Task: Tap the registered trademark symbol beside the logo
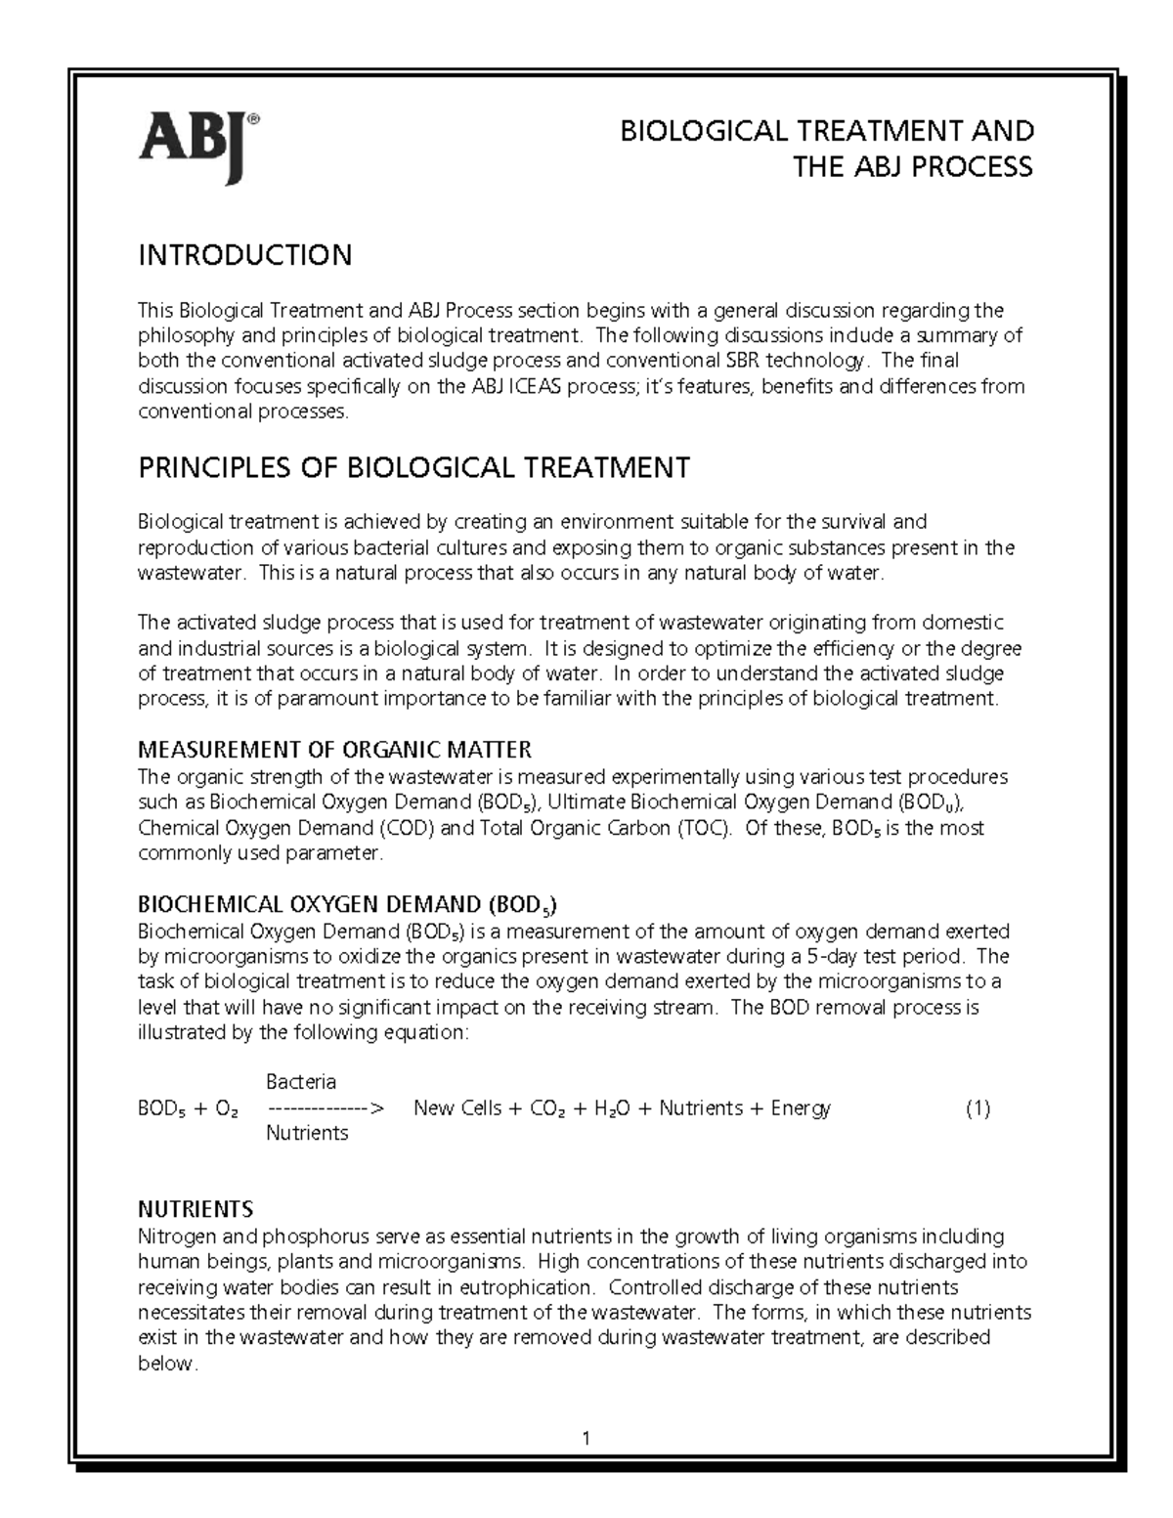[x=253, y=119]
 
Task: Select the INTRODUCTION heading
[x=244, y=256]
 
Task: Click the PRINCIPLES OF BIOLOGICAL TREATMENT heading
[x=413, y=468]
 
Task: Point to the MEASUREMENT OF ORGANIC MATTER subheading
[x=334, y=750]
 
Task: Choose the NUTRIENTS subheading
[x=195, y=1209]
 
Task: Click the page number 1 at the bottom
[x=586, y=1438]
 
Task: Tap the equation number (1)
[x=977, y=1108]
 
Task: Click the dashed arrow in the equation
[x=326, y=1109]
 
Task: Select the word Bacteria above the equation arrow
[x=301, y=1082]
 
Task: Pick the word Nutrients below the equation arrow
[x=307, y=1134]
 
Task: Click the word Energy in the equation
[x=801, y=1108]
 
